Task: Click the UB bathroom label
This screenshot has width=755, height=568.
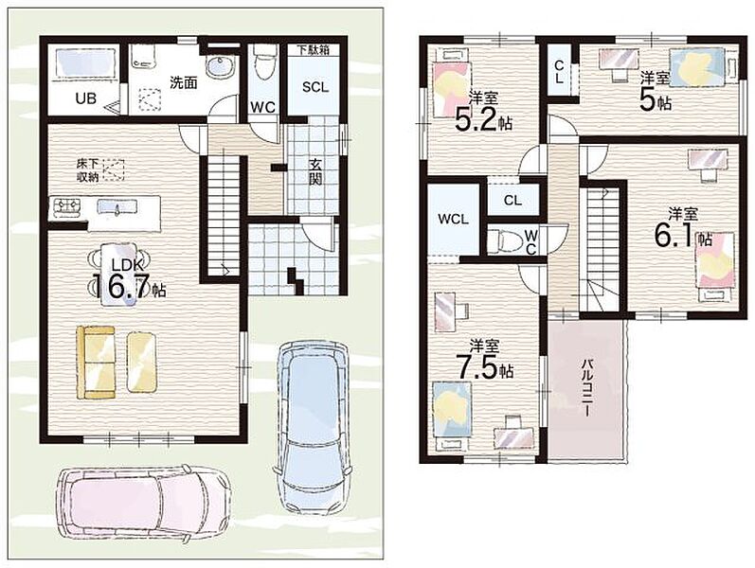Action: coord(85,98)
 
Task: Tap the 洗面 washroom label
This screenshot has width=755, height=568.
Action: coord(184,82)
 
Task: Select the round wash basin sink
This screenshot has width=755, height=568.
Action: coord(220,66)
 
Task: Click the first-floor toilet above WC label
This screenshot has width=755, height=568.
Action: coord(263,62)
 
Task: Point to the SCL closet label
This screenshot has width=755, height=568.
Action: coord(315,87)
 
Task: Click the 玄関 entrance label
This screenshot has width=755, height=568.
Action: coord(315,172)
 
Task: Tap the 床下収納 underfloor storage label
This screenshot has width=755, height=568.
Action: coord(88,169)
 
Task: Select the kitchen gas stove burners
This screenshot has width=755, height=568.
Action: coord(66,207)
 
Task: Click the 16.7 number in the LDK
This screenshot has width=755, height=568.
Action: coord(120,288)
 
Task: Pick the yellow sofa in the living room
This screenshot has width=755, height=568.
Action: coord(97,363)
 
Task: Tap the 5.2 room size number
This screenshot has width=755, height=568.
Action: coord(476,120)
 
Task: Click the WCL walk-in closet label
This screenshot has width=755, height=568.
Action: coord(453,219)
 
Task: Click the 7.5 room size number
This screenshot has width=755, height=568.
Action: coord(475,367)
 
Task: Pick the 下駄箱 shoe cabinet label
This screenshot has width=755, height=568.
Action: coord(313,49)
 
